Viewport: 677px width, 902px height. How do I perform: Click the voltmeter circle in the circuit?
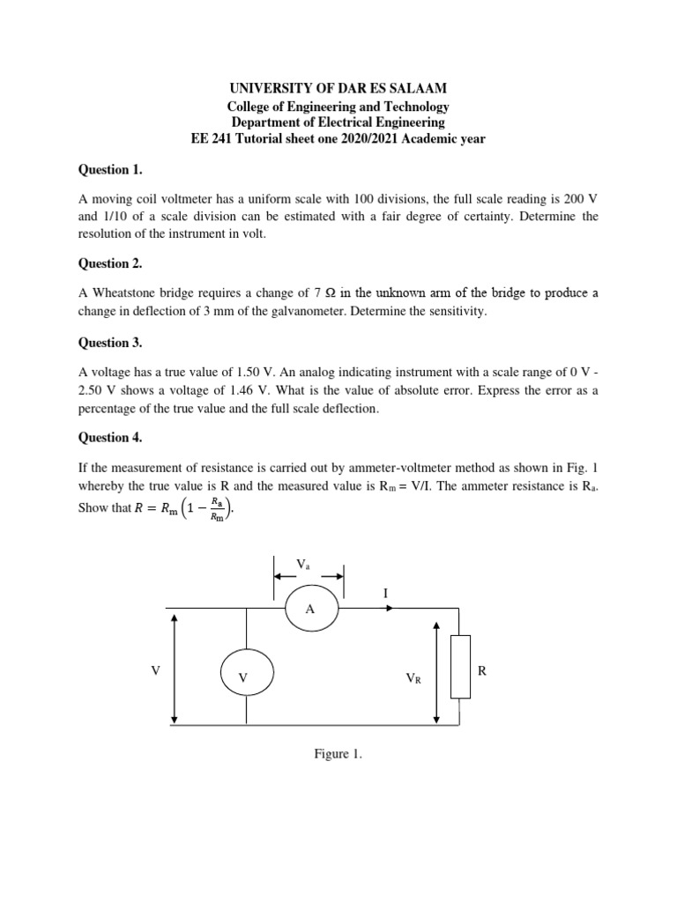click(x=246, y=676)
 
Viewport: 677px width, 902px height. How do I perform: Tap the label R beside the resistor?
click(x=482, y=670)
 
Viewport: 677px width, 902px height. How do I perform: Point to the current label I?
click(x=384, y=595)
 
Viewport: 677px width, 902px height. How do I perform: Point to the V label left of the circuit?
click(x=155, y=670)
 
